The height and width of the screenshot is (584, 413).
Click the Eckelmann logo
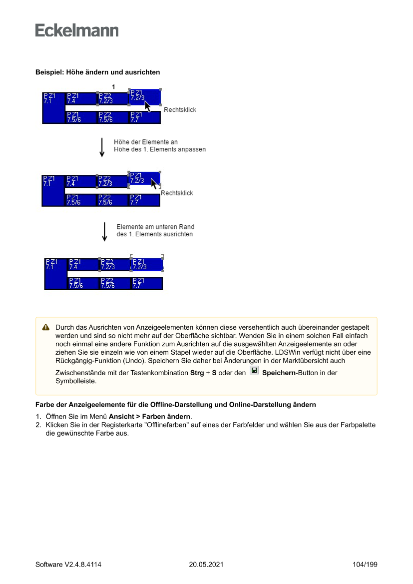77,30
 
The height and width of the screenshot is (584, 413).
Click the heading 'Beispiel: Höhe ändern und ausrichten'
97,72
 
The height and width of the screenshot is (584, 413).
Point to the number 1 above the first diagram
113,87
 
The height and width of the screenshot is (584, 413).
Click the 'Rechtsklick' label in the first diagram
180,110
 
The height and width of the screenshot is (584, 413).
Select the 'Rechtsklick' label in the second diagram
176,193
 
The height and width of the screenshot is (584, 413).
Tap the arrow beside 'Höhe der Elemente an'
102,147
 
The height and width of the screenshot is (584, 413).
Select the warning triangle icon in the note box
46,327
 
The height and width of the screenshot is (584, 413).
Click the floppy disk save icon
254,371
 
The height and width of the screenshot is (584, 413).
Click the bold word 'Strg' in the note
197,373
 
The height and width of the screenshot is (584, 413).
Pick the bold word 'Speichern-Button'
289,373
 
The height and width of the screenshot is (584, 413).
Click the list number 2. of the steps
38,425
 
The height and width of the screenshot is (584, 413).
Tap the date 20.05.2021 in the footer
206,565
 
